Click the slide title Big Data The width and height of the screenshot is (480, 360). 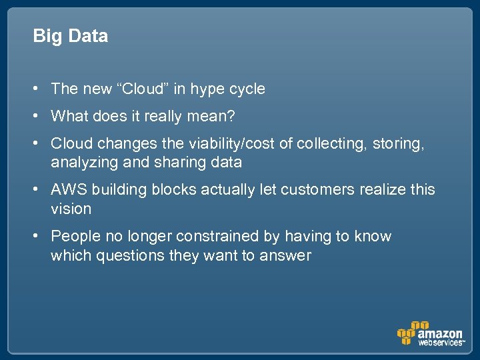click(70, 36)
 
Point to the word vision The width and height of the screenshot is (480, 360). click(71, 209)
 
